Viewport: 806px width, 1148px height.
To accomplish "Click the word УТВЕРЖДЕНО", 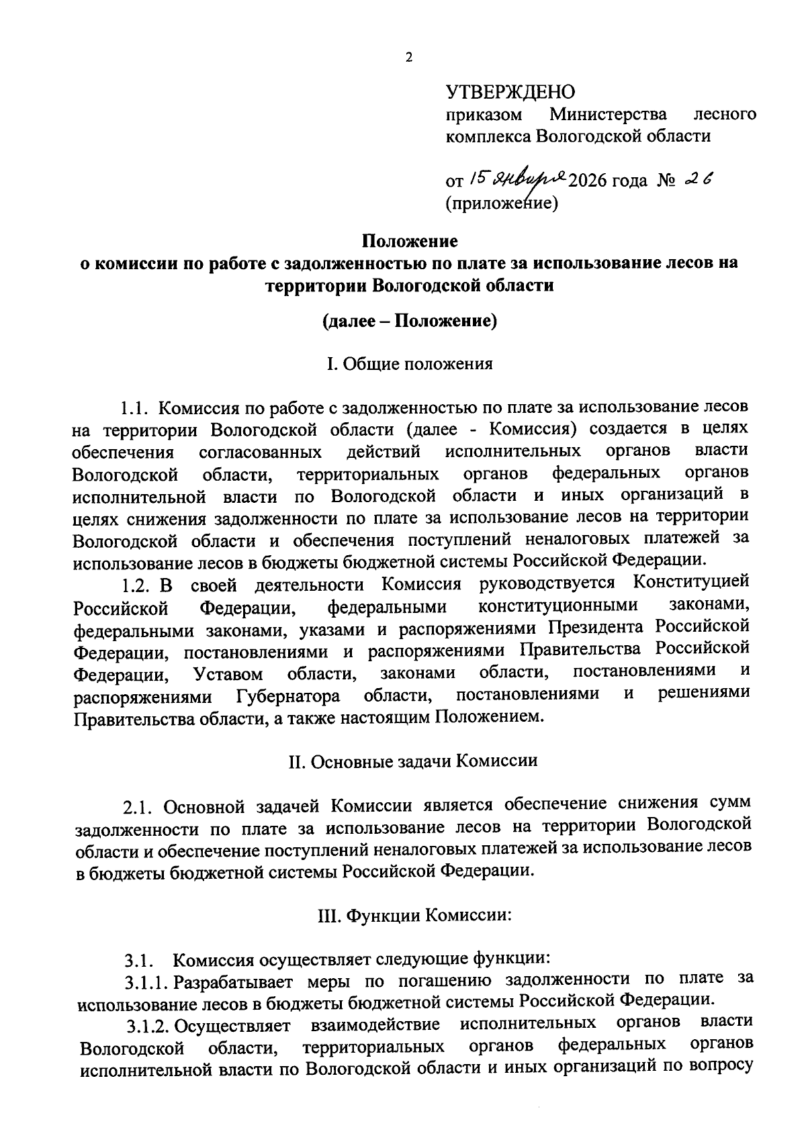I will point(511,91).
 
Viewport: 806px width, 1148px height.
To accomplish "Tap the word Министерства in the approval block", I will point(609,114).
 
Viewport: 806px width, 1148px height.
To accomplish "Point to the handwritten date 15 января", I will point(518,179).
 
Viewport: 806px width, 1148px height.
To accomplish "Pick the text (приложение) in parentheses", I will point(502,203).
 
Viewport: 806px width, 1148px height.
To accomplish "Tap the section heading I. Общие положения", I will point(409,364).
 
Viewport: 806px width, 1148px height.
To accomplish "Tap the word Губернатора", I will point(288,696).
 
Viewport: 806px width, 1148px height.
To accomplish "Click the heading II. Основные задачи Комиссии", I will point(412,761).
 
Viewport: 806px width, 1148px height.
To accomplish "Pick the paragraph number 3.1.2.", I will point(146,1025).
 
